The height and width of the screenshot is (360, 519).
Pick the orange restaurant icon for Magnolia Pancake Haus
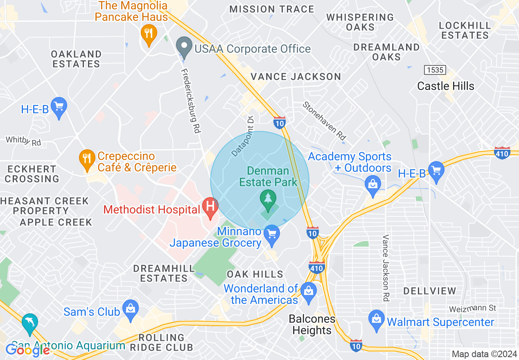[x=148, y=34]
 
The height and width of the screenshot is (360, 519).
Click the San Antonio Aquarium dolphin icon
[x=30, y=322]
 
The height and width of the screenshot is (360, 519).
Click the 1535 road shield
[x=435, y=70]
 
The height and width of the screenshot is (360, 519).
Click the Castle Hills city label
[x=446, y=86]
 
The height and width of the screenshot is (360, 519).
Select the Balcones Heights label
[x=312, y=325]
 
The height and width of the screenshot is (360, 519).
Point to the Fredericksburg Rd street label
[x=191, y=101]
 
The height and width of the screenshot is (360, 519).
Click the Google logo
[x=27, y=350]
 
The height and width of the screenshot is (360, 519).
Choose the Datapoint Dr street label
[x=243, y=136]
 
